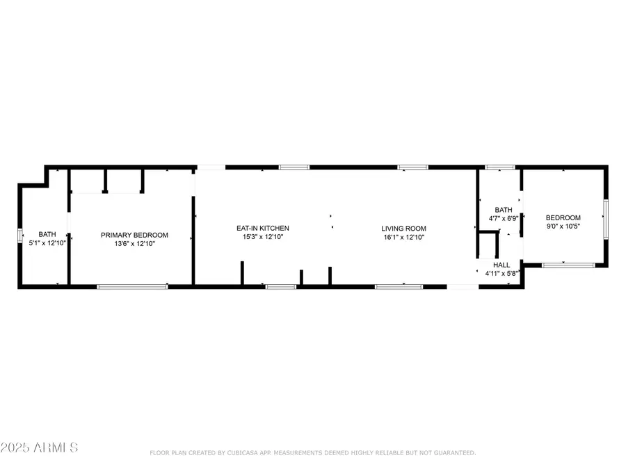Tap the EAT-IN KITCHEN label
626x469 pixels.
click(x=262, y=228)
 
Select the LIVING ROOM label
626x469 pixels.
click(x=403, y=228)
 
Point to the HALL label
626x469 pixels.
click(x=501, y=265)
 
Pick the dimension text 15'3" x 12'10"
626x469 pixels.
click(x=262, y=237)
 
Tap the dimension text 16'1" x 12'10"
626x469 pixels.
click(x=403, y=237)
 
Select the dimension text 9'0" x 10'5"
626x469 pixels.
click(x=563, y=226)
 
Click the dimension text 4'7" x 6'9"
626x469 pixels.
click(x=503, y=217)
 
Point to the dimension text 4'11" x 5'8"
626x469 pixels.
click(x=501, y=274)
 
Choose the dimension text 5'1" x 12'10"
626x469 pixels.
click(x=47, y=243)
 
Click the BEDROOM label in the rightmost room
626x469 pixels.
click(x=563, y=217)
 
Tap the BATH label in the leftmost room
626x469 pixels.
click(x=47, y=234)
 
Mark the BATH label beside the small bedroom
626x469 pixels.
click(x=503, y=209)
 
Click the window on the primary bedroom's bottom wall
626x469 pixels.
click(x=132, y=286)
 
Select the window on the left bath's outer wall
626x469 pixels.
click(x=19, y=236)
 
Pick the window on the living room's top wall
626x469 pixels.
click(x=412, y=167)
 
